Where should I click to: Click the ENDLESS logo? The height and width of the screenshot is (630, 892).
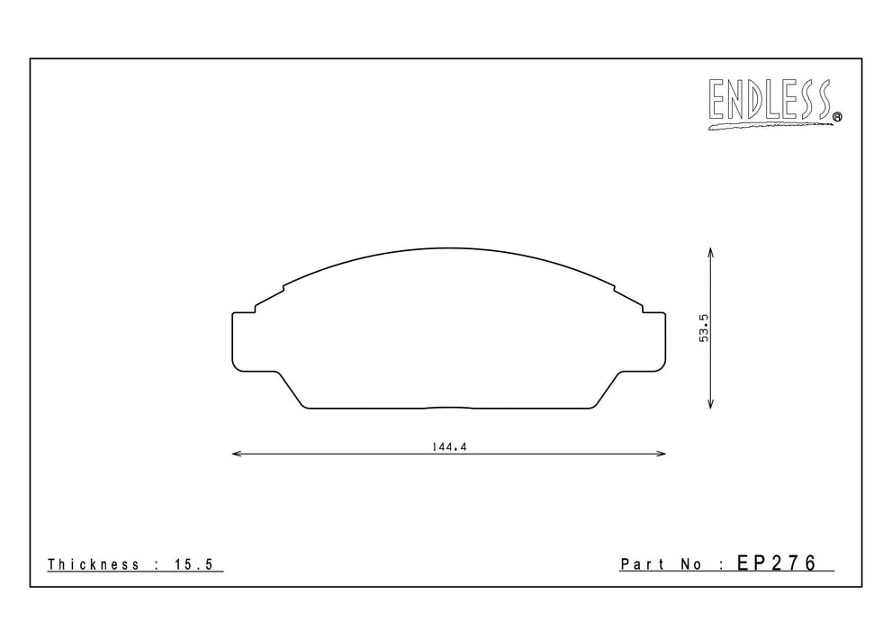(775, 104)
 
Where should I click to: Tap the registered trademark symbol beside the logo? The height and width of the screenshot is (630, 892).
(837, 117)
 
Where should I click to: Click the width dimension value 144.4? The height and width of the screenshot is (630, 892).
(449, 447)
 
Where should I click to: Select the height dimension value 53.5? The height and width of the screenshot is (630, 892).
(704, 328)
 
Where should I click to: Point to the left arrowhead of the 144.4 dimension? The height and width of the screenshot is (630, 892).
(238, 454)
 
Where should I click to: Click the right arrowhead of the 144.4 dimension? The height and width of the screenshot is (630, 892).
(661, 454)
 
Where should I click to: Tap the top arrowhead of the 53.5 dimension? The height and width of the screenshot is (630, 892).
(710, 253)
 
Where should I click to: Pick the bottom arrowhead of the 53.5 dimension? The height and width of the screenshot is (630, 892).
(710, 403)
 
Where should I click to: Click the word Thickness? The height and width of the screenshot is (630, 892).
(94, 564)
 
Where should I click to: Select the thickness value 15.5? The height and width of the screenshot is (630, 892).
(194, 564)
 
